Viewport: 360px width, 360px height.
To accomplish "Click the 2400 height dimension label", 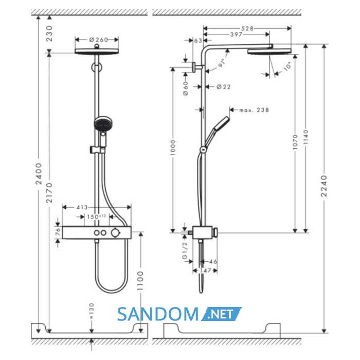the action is tap(39, 174).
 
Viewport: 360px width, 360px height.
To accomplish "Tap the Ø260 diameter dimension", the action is tap(99, 40).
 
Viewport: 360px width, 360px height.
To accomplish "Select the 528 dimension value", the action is tap(247, 28).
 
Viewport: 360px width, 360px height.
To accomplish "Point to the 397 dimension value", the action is tap(236, 34).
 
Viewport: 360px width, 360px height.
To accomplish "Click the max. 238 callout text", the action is tap(254, 110).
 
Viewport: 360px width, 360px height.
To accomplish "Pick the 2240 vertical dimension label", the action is tap(324, 186).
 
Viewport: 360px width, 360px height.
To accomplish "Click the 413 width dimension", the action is tap(82, 208).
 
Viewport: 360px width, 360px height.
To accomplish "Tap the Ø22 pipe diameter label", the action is tap(223, 87).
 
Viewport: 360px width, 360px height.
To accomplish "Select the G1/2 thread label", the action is tap(185, 250).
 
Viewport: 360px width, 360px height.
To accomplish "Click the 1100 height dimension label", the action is tap(140, 281).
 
